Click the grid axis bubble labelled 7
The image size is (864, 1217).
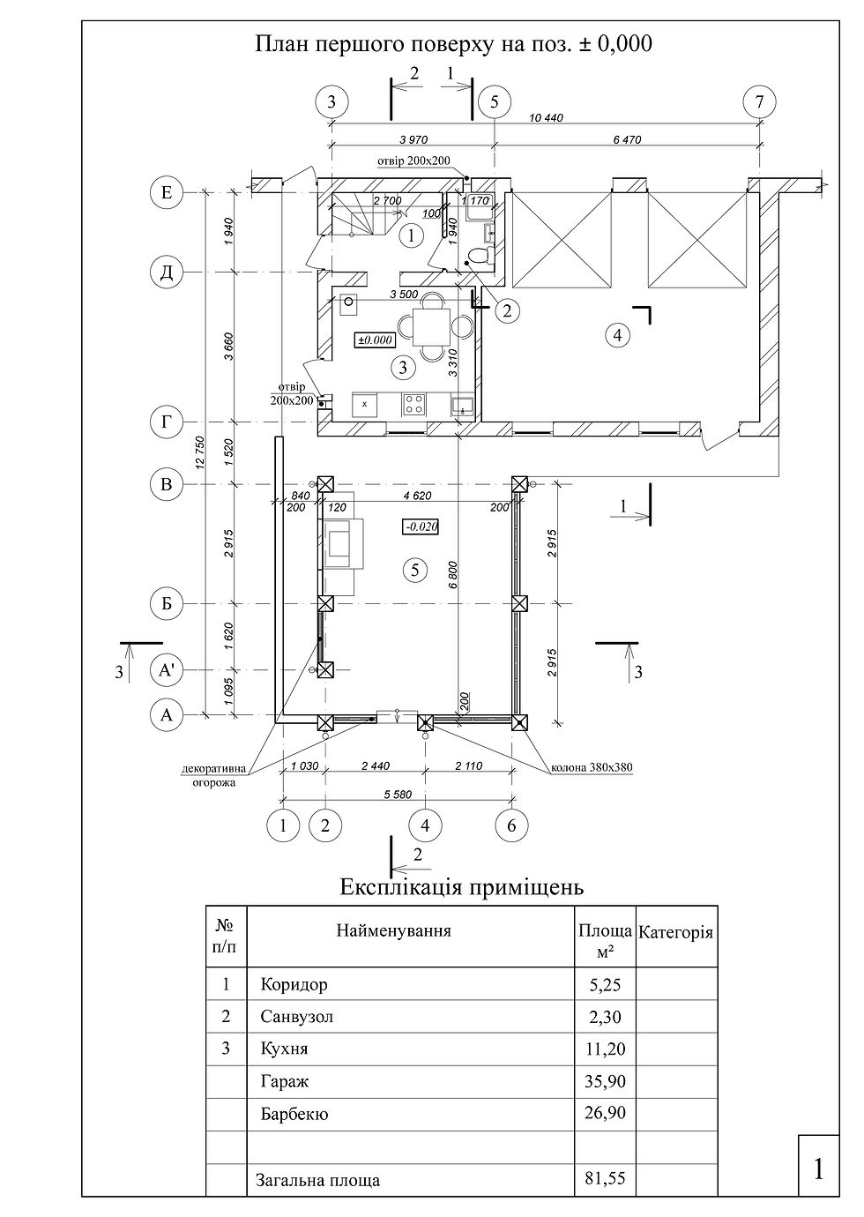(759, 102)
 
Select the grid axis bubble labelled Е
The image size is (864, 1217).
(167, 192)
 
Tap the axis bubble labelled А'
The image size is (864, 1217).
(167, 671)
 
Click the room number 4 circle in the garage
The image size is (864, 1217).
(617, 335)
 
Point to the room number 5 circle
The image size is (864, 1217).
(415, 570)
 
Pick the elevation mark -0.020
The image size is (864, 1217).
(421, 526)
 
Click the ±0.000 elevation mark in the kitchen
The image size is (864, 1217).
(375, 340)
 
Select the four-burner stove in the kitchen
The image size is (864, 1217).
(413, 405)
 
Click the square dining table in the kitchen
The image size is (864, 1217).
(431, 327)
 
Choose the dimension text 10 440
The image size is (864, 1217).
(546, 117)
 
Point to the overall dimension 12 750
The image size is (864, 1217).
(200, 452)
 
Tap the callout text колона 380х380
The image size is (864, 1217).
(592, 768)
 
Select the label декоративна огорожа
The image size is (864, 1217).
(214, 776)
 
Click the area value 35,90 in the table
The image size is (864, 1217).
(605, 1080)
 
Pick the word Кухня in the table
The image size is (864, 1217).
(284, 1048)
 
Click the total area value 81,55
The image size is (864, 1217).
(605, 1178)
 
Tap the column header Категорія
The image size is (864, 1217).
(675, 932)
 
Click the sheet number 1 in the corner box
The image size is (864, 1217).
(818, 1169)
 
